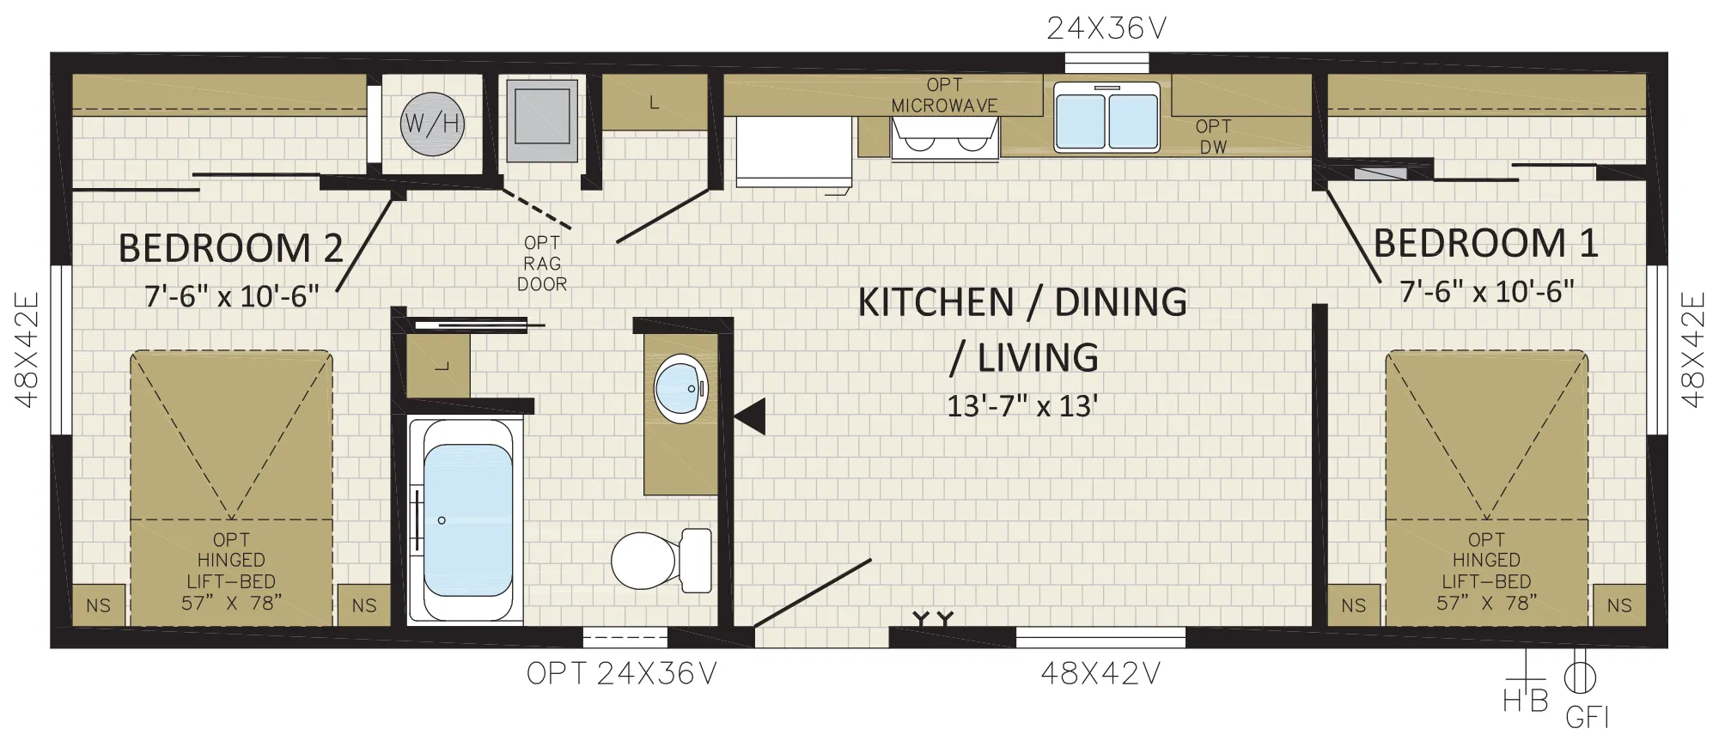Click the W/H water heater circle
(432, 124)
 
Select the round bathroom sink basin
(680, 388)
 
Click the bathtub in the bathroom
(465, 520)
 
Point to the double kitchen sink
(1106, 117)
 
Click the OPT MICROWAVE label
(944, 95)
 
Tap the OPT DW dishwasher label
(1213, 137)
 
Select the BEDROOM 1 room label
(1485, 243)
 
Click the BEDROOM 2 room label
(230, 248)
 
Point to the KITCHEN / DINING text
(1022, 302)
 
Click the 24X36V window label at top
(1106, 29)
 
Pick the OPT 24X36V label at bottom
(621, 674)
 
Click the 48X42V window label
(1100, 674)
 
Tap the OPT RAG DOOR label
(542, 264)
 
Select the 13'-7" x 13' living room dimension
(1022, 405)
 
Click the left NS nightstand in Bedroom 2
(98, 605)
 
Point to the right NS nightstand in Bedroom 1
(1619, 605)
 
